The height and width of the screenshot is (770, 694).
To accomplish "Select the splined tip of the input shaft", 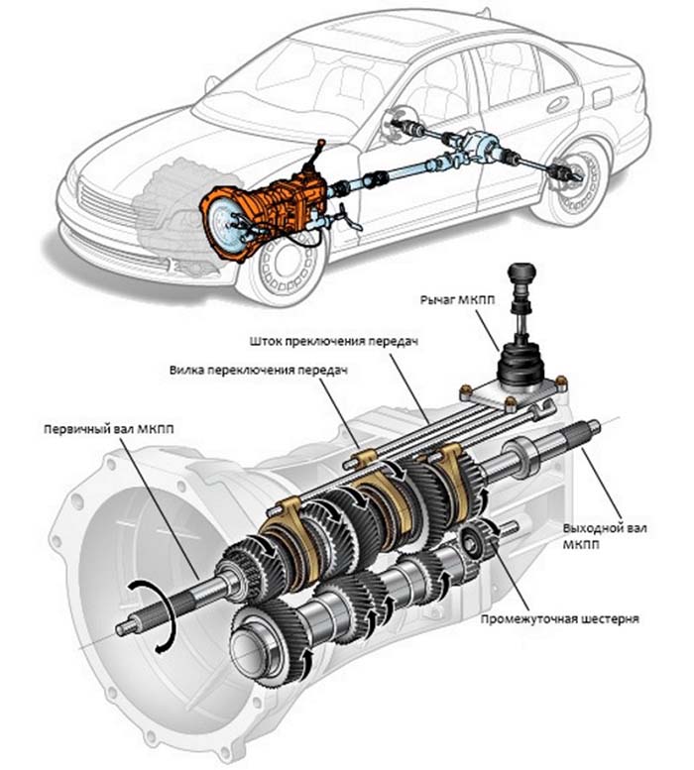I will point(126,625).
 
